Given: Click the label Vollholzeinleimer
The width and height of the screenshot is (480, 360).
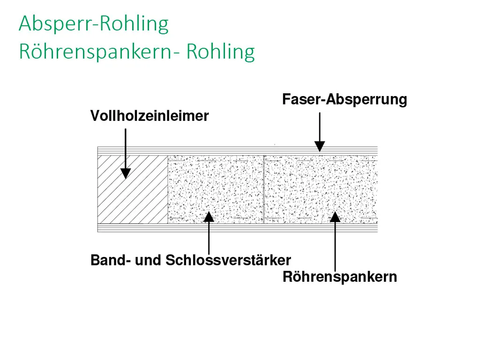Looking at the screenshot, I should click(x=149, y=116).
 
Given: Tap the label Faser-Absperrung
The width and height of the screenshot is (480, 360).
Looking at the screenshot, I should click(x=345, y=99).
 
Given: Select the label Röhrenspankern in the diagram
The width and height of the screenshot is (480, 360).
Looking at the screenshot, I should click(x=340, y=277).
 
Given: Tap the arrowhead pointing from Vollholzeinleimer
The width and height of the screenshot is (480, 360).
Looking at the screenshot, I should click(x=125, y=172).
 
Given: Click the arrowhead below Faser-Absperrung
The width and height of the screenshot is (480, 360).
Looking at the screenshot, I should click(x=320, y=146).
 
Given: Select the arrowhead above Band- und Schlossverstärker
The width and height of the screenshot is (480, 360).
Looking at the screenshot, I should click(x=209, y=217).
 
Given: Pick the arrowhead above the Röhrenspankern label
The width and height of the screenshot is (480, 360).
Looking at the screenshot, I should click(x=335, y=217).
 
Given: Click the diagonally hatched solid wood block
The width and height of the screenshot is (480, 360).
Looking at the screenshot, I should click(x=132, y=189).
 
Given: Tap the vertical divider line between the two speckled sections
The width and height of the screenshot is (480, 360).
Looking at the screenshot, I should click(x=264, y=189).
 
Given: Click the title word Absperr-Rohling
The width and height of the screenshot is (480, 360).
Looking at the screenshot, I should click(x=93, y=24).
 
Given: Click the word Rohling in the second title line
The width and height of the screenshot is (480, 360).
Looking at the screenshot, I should click(x=220, y=52).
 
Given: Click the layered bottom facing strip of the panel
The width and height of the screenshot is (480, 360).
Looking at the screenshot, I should click(x=237, y=228).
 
